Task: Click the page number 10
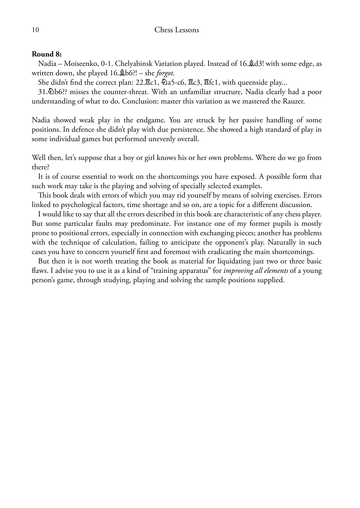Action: click(35, 30)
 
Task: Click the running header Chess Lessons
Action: click(177, 30)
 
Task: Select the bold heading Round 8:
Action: click(47, 54)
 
